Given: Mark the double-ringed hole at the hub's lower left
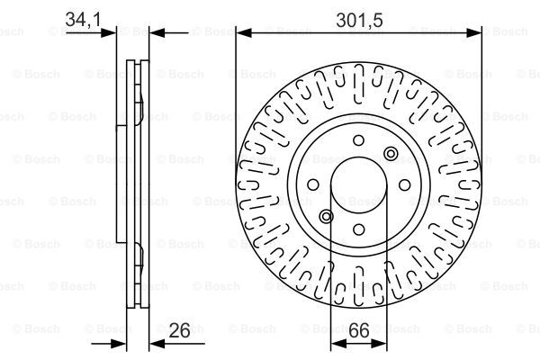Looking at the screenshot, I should coord(326,218).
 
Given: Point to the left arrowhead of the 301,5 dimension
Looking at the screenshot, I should coord(241,33).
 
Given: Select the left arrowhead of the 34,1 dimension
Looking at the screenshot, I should coord(112,33).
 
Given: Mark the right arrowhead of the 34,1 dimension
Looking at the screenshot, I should coord(154,33).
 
